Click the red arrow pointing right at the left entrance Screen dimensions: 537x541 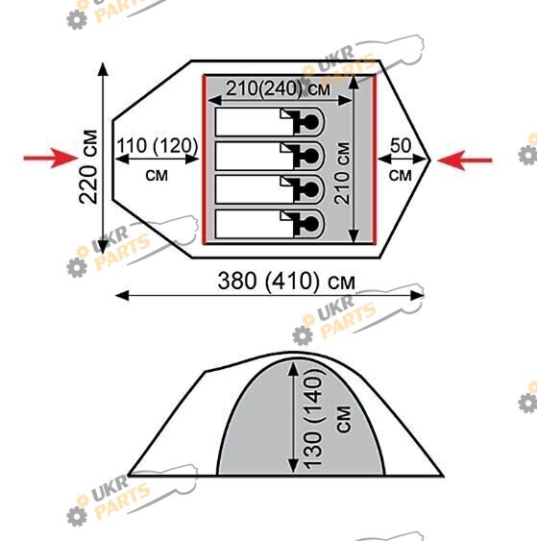[x=51, y=159]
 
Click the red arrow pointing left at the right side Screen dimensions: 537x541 [x=465, y=160]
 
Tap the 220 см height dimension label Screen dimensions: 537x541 [x=88, y=166]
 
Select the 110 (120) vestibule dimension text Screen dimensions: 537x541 [x=158, y=146]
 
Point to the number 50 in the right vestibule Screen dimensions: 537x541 [x=401, y=146]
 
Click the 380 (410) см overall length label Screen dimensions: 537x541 [x=286, y=281]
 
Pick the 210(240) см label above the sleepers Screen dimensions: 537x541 [x=278, y=88]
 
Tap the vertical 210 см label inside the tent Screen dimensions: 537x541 [x=342, y=173]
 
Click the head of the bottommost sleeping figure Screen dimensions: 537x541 [x=311, y=224]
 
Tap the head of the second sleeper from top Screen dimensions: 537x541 [x=311, y=156]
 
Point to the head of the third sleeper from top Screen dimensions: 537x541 [x=311, y=189]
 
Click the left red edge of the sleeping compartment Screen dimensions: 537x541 [x=205, y=160]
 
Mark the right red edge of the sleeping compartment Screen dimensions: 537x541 [x=375, y=160]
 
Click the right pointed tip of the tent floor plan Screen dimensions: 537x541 [x=430, y=160]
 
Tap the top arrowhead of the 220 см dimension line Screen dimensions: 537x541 [x=103, y=69]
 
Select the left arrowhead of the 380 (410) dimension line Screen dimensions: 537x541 [x=122, y=296]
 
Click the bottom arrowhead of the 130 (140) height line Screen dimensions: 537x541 [x=293, y=465]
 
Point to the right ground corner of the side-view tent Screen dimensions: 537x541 [x=443, y=476]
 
